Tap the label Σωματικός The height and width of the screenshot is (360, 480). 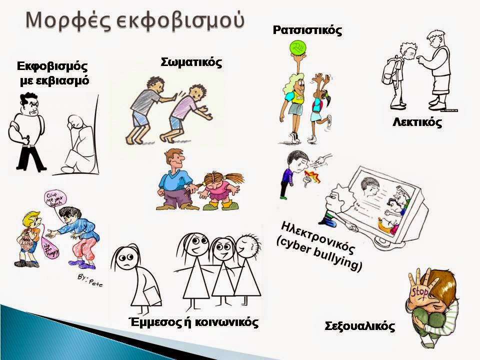(x=191, y=62)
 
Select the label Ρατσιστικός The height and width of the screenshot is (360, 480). (x=307, y=30)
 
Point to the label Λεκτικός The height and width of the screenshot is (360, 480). (x=417, y=122)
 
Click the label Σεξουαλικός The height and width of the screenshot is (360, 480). (x=360, y=327)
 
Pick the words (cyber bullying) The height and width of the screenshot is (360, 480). (x=319, y=255)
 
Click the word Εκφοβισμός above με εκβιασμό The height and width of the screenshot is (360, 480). (x=52, y=66)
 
